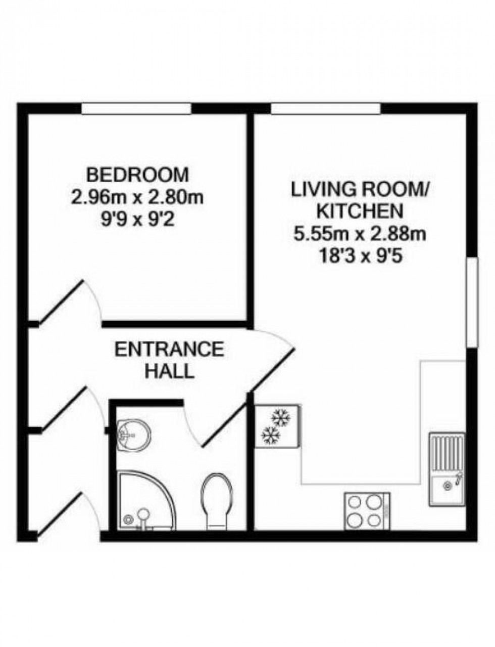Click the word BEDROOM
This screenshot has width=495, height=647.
[137, 175]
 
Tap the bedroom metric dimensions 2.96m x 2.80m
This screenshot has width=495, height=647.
[137, 198]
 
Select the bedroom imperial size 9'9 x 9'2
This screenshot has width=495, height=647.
[137, 221]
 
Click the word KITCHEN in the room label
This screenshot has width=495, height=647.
[360, 211]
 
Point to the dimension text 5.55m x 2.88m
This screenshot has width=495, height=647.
[360, 234]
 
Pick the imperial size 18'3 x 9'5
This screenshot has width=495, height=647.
[360, 257]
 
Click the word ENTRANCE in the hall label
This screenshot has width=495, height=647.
[169, 349]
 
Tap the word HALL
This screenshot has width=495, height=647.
[169, 372]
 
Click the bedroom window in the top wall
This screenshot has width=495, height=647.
[136, 108]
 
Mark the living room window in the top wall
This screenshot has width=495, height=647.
[326, 108]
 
